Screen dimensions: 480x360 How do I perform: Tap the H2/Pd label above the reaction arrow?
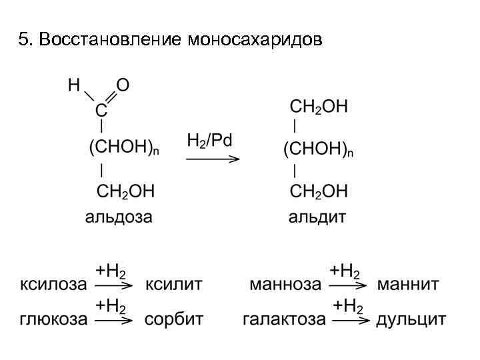(x=209, y=141)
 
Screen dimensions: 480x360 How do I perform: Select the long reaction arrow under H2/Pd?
(x=212, y=159)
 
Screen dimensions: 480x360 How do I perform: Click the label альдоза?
(x=118, y=217)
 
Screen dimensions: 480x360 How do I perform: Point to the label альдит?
(x=317, y=217)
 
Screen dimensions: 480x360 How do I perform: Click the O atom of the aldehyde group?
(x=123, y=85)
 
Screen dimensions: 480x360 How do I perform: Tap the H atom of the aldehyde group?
(x=74, y=85)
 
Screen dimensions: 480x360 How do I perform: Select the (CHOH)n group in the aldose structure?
(x=124, y=149)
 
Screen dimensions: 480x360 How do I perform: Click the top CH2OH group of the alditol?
(x=319, y=107)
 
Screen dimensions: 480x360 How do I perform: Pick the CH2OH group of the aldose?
(x=126, y=191)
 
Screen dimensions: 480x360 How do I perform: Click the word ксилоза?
(x=53, y=285)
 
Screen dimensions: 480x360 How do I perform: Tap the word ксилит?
(x=174, y=285)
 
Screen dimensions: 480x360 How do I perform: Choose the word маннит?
(x=408, y=285)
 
